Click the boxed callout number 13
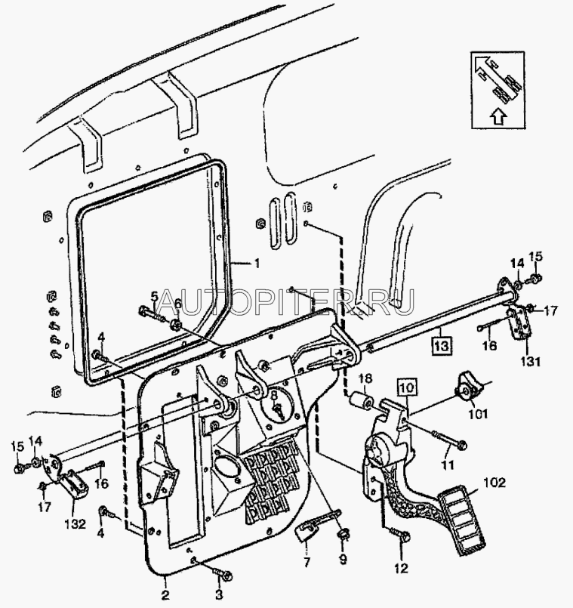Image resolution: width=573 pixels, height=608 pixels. pyautogui.click(x=442, y=345)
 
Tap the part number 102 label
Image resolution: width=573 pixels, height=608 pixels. pyautogui.click(x=494, y=483)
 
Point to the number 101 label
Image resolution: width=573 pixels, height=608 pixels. pyautogui.click(x=478, y=415)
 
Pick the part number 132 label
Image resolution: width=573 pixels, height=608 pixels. pyautogui.click(x=75, y=524)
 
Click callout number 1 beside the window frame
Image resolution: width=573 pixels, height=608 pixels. pyautogui.click(x=256, y=264)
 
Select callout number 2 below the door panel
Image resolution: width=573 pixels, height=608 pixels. pyautogui.click(x=165, y=594)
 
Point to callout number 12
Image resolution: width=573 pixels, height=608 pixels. pyautogui.click(x=402, y=569)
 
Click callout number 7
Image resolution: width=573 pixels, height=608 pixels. pyautogui.click(x=307, y=562)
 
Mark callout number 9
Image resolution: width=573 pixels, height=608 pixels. pyautogui.click(x=343, y=559)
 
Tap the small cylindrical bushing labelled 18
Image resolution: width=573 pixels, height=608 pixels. pyautogui.click(x=359, y=402)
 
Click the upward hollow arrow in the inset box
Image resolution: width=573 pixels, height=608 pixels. pyautogui.click(x=499, y=116)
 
